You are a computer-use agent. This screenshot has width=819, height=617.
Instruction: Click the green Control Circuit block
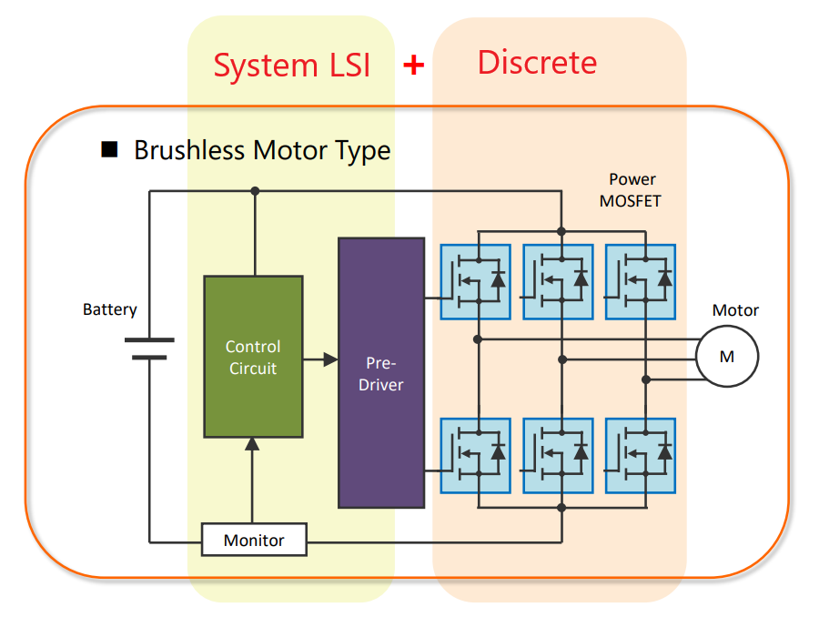(253, 357)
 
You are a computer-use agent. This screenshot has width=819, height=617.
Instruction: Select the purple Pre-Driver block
(380, 372)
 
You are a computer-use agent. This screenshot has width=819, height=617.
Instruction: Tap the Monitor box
(254, 540)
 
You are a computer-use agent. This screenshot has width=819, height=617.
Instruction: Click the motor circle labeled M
(726, 356)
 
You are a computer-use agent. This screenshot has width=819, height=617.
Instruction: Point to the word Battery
(110, 309)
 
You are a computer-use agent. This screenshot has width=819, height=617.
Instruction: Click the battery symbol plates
(148, 349)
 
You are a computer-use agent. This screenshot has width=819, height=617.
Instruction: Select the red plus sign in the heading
(414, 65)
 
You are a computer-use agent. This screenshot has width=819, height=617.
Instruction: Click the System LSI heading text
(291, 65)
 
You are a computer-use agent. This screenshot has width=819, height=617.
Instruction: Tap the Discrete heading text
(537, 62)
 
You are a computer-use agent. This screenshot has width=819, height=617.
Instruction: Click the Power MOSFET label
(631, 190)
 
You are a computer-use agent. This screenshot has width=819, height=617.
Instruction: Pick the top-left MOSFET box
(475, 281)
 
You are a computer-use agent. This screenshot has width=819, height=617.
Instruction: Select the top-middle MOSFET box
(557, 281)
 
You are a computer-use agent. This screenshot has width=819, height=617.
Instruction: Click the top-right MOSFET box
(640, 281)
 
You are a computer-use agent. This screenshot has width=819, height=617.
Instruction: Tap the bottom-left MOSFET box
(475, 455)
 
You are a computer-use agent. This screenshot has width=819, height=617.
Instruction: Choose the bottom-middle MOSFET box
(557, 455)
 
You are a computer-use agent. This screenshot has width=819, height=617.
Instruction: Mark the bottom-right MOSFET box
(640, 455)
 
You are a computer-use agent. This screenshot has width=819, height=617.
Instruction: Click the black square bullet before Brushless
(110, 150)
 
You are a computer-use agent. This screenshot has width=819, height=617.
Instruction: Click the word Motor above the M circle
(735, 310)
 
